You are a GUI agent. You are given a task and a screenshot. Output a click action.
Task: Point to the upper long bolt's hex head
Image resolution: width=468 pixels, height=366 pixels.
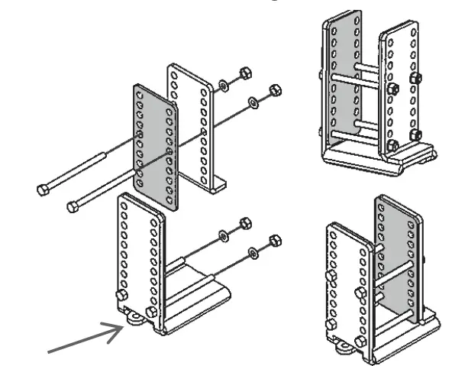click(44, 188)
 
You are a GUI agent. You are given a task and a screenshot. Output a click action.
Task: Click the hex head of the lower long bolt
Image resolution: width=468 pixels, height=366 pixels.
click(73, 206)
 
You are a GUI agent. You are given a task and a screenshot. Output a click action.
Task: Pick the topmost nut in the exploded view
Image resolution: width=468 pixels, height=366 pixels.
click(244, 73)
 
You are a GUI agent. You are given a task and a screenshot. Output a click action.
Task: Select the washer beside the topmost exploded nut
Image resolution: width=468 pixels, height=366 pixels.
click(224, 83)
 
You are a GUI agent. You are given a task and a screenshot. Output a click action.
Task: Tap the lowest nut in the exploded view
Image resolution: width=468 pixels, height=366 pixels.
click(275, 242)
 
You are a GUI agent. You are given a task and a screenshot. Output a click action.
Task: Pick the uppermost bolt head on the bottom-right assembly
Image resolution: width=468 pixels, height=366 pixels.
click(331, 276)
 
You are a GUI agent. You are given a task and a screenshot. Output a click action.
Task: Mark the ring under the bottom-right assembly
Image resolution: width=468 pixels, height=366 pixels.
click(342, 348)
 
